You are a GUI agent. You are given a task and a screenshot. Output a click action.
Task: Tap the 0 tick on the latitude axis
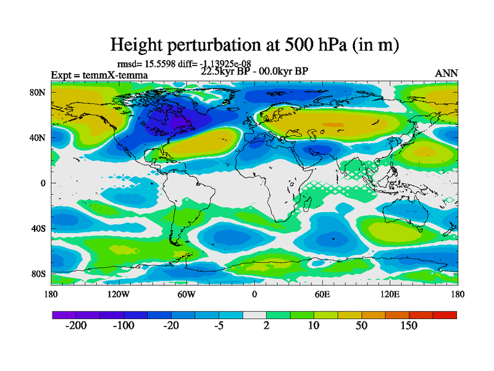(44, 183)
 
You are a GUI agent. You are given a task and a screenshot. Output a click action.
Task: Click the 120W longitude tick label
(118, 294)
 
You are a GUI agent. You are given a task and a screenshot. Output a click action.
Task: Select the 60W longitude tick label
(186, 294)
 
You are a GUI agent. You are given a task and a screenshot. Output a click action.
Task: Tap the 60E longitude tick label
(322, 294)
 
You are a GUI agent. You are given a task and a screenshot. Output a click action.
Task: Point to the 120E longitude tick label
(390, 294)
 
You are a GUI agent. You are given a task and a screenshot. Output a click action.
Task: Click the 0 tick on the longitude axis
(254, 294)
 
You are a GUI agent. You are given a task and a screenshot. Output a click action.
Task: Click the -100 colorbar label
(123, 326)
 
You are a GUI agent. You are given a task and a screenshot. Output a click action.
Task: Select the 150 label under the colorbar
(409, 326)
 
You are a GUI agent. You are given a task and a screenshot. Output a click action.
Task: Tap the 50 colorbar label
(362, 326)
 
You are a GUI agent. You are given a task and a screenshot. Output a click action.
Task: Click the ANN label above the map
(446, 74)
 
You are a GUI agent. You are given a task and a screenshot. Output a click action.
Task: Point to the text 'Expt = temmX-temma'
(99, 75)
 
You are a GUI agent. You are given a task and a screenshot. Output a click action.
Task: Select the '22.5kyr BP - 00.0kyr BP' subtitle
(254, 70)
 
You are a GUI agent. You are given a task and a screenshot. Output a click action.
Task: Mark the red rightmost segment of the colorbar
(445, 315)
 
